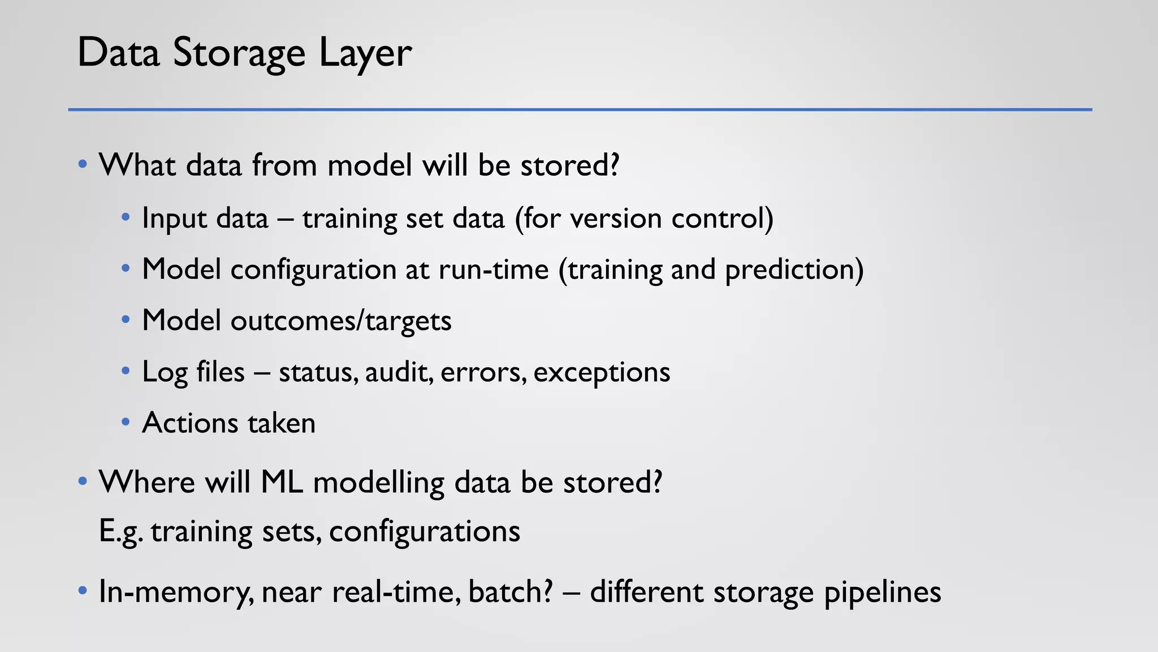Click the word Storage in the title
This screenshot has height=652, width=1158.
pyautogui.click(x=239, y=53)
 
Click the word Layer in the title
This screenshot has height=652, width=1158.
pyautogui.click(x=365, y=53)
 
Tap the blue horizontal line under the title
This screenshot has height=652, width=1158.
pyautogui.click(x=580, y=109)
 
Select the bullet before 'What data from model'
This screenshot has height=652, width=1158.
pyautogui.click(x=83, y=165)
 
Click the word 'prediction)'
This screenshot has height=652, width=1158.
pyautogui.click(x=794, y=269)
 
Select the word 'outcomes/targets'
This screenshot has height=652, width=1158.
pyautogui.click(x=341, y=321)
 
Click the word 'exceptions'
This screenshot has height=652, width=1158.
pyautogui.click(x=602, y=372)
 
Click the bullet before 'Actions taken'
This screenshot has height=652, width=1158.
pyautogui.click(x=126, y=422)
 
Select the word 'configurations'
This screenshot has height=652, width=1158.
pyautogui.click(x=424, y=532)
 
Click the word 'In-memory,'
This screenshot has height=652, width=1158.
pyautogui.click(x=176, y=592)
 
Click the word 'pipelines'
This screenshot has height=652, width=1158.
pyautogui.click(x=882, y=592)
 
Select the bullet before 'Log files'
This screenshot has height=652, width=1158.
pyautogui.click(x=126, y=371)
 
